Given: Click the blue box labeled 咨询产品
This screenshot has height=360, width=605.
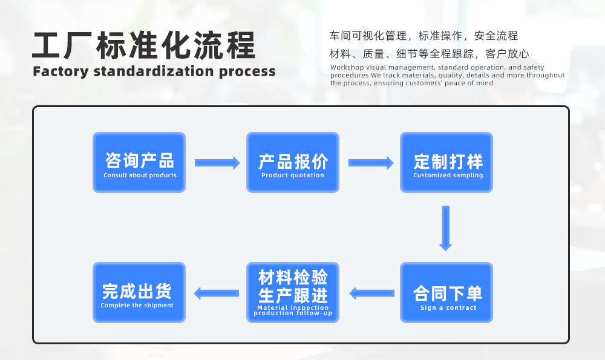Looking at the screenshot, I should pyautogui.click(x=139, y=162).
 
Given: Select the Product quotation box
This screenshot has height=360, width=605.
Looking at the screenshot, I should pyautogui.click(x=293, y=162).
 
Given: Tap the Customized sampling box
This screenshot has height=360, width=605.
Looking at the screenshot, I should pyautogui.click(x=446, y=162).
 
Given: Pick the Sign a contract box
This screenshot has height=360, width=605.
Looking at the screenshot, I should pyautogui.click(x=446, y=293).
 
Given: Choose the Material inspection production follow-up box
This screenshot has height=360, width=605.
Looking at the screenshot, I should pyautogui.click(x=293, y=293).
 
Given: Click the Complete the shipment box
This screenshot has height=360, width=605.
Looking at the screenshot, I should pyautogui.click(x=139, y=293).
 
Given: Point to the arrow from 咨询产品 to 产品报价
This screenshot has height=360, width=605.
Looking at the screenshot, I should pyautogui.click(x=217, y=163).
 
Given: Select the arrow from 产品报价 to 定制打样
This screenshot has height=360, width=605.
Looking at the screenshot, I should pyautogui.click(x=371, y=163).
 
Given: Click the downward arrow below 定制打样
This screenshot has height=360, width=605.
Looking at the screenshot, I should pyautogui.click(x=446, y=228).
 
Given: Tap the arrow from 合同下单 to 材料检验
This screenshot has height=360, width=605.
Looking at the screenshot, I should pyautogui.click(x=371, y=293).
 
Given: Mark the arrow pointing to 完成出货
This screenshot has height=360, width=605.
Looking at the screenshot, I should pyautogui.click(x=216, y=293).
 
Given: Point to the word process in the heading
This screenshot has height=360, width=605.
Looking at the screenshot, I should pyautogui.click(x=247, y=71).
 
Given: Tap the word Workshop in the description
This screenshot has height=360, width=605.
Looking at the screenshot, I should pyautogui.click(x=348, y=67).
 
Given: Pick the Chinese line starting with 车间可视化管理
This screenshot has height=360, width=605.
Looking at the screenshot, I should pyautogui.click(x=423, y=36).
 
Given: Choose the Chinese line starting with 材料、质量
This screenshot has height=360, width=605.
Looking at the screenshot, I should pyautogui.click(x=429, y=54).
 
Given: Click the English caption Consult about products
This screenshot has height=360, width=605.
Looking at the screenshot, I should pyautogui.click(x=140, y=175).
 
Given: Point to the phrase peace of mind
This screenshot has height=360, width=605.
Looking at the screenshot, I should pyautogui.click(x=473, y=83).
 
